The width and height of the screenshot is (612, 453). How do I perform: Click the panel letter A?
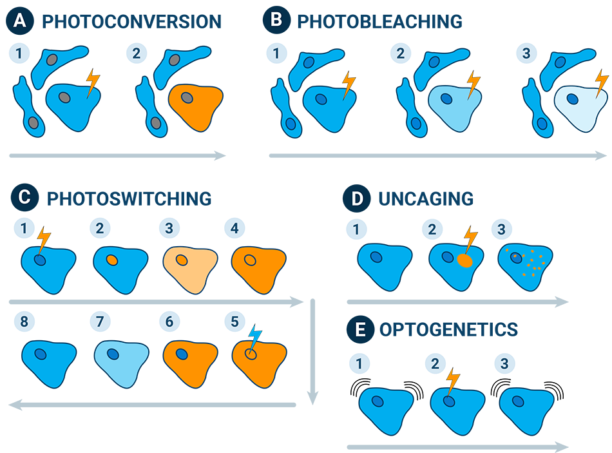(x=20, y=21)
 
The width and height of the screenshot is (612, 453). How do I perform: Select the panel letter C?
(x=24, y=198)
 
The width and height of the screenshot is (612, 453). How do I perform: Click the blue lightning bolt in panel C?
(x=255, y=338)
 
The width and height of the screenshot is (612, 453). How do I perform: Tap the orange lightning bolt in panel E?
(x=453, y=380)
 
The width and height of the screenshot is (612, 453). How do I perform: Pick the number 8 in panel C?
(x=24, y=320)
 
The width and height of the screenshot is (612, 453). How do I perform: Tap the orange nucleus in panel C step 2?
(x=111, y=260)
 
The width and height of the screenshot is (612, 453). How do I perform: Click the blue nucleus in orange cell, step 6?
(x=182, y=354)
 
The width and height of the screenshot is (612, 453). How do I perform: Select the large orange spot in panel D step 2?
(x=464, y=261)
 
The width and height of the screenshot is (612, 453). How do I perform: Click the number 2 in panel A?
(x=136, y=53)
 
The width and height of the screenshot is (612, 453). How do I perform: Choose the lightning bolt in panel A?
(x=93, y=82)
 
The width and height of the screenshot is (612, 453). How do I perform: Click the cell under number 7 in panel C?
(x=118, y=358)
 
